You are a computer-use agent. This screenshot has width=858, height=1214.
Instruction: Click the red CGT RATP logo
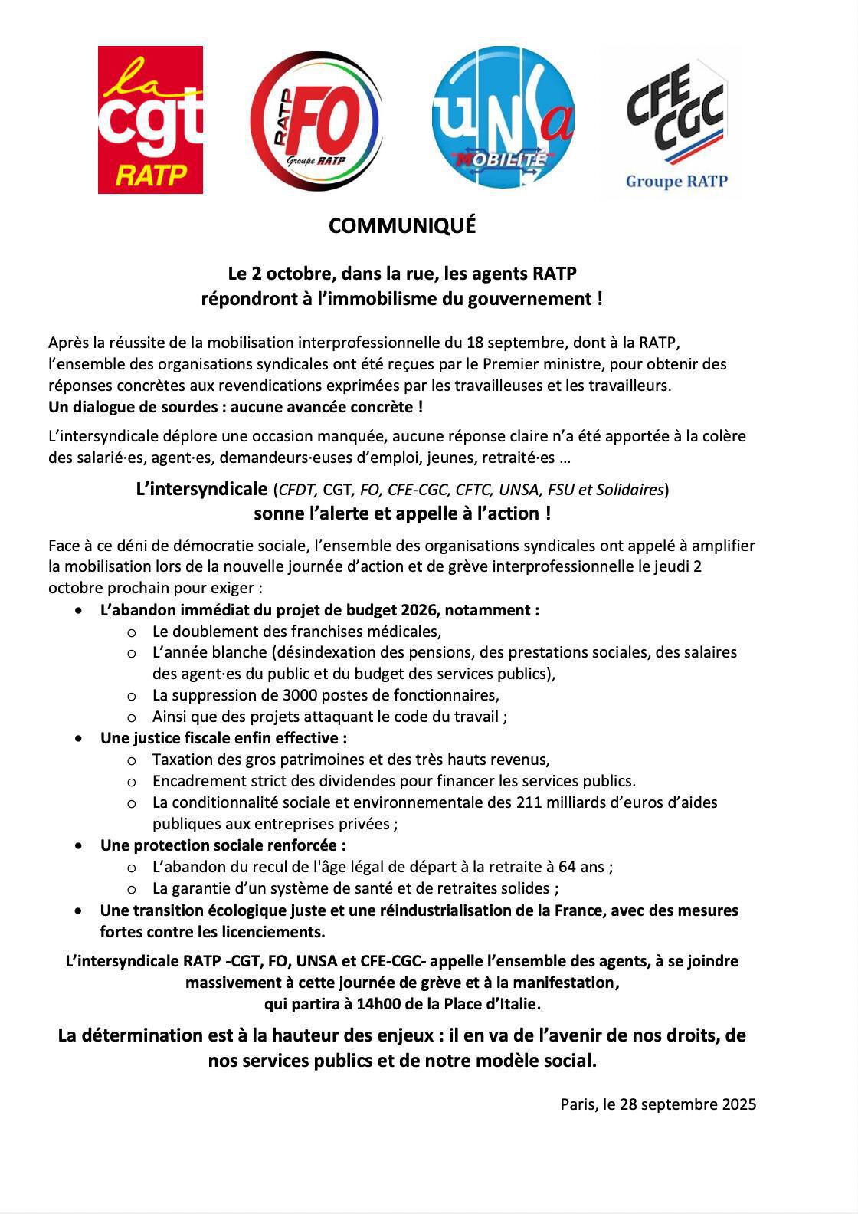(150, 120)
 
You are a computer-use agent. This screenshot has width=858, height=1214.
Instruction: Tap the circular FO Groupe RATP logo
(316, 120)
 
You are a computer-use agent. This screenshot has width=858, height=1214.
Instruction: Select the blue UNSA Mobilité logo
(503, 117)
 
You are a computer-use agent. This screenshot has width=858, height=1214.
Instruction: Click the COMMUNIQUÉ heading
(402, 226)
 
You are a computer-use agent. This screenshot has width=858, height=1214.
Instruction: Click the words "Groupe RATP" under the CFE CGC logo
(676, 182)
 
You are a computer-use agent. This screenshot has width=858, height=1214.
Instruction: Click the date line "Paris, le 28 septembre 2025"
(658, 1104)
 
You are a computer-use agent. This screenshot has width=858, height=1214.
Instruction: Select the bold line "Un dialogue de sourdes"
(235, 407)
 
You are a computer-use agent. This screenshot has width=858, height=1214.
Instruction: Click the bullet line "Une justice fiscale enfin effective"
(224, 738)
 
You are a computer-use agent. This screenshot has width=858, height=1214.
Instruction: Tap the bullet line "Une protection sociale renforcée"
(223, 845)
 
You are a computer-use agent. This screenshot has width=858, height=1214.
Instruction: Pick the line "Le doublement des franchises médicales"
(296, 632)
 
